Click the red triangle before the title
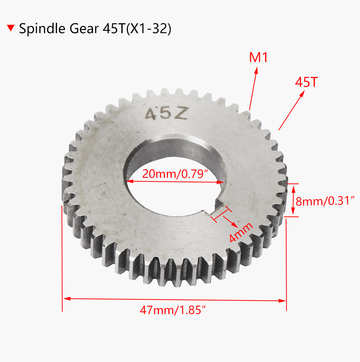click(x=11, y=28)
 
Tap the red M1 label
click(x=258, y=58)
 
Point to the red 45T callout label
click(x=306, y=82)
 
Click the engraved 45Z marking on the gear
click(x=166, y=114)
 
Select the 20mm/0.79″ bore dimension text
click(x=175, y=174)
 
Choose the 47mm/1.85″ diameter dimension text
click(x=174, y=311)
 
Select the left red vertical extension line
click(x=62, y=259)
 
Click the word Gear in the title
click(x=79, y=29)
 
